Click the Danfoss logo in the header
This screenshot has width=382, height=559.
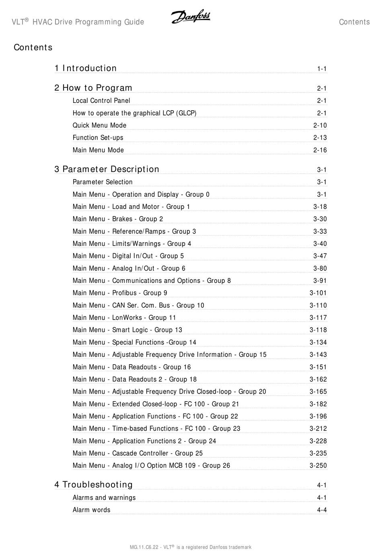click(191, 17)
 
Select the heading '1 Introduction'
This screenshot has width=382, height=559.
click(86, 68)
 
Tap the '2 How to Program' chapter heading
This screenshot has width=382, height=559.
click(93, 88)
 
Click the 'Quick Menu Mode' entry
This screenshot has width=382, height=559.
click(99, 126)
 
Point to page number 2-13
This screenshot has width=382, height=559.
click(320, 138)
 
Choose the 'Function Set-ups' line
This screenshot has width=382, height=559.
click(98, 138)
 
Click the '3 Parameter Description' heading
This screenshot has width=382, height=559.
click(107, 169)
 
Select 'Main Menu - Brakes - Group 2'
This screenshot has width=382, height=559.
click(118, 219)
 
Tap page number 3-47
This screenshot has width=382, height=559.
click(320, 256)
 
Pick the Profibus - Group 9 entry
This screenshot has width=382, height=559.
click(120, 293)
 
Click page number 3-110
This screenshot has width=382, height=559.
click(318, 305)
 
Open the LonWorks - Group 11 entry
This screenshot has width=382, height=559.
click(124, 318)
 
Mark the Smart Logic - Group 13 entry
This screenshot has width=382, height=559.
click(127, 330)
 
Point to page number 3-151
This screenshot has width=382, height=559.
click(318, 367)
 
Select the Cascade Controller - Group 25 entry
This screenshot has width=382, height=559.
click(138, 454)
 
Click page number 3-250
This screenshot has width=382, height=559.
click(318, 466)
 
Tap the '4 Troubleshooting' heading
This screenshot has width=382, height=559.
click(94, 485)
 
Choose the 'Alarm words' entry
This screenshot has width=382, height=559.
click(91, 510)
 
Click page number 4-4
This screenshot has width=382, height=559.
click(322, 510)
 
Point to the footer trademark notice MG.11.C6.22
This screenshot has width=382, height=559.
click(191, 547)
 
